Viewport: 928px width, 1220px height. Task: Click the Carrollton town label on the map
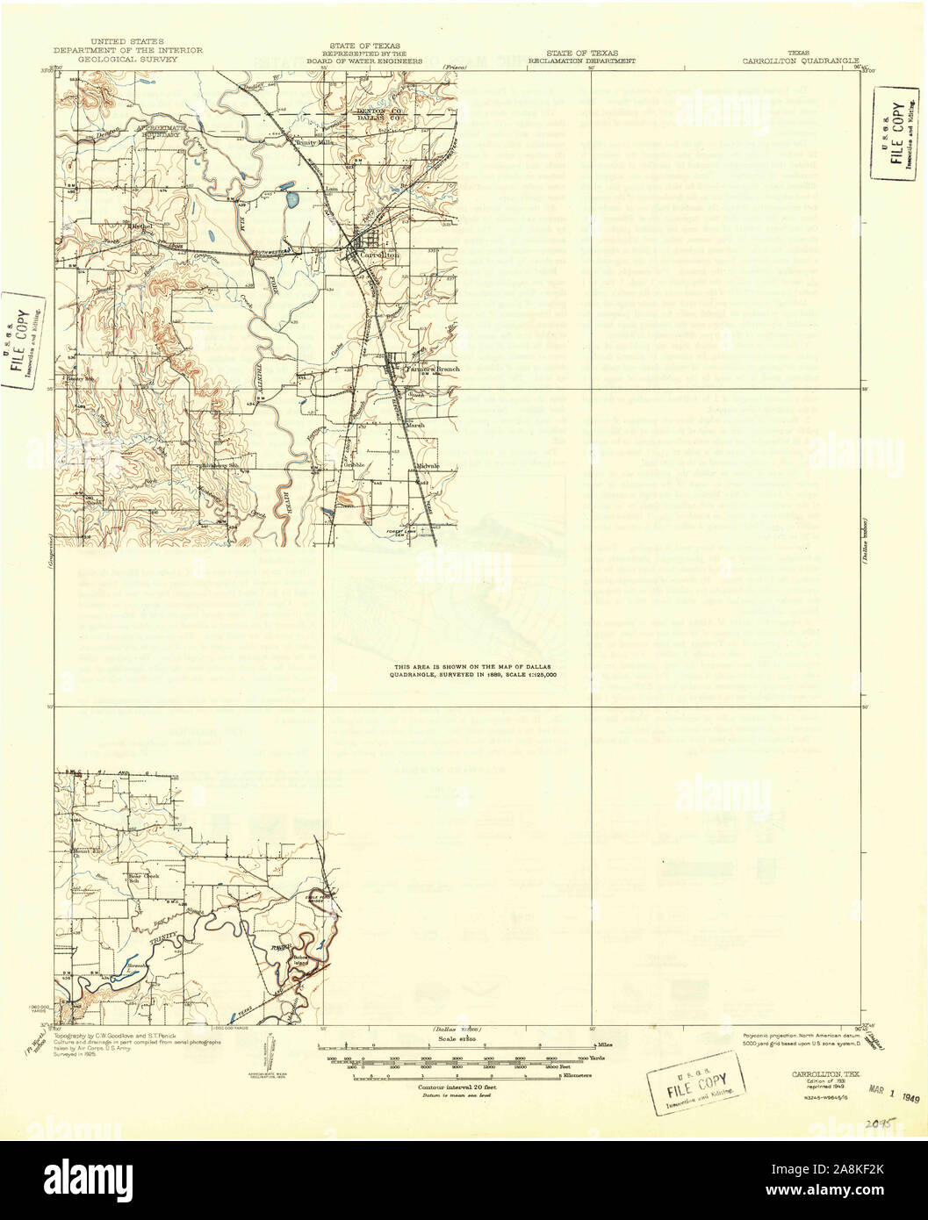point(379,255)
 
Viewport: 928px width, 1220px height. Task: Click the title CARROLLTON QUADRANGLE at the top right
point(799,62)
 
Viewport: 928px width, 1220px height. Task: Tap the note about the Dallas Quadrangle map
point(475,672)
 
